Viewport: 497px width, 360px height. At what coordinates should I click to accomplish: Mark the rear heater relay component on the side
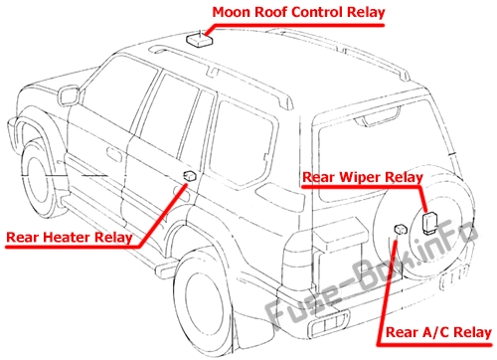188,177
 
